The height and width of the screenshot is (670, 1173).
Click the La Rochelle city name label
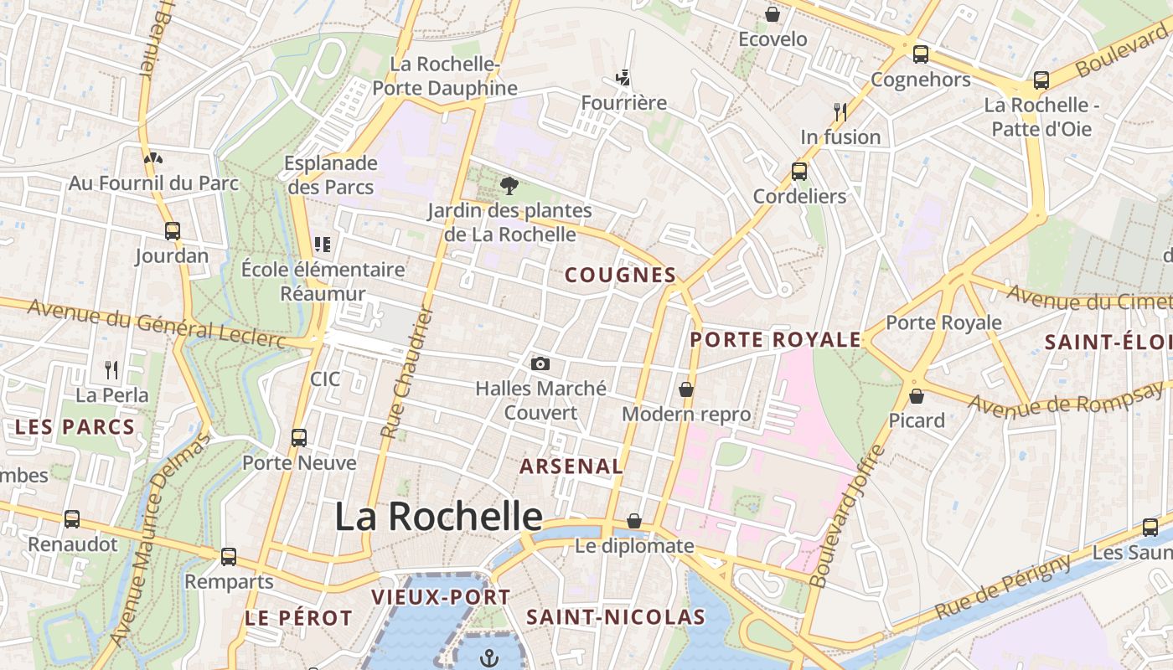[438, 516]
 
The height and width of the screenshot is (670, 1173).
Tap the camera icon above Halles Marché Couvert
[540, 363]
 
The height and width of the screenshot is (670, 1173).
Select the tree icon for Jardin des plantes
[509, 185]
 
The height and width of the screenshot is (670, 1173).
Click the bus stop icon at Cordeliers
[799, 172]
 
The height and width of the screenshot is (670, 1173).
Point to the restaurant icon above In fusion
[840, 111]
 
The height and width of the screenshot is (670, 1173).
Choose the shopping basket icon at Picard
[917, 395]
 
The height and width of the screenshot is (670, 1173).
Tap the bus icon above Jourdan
[172, 231]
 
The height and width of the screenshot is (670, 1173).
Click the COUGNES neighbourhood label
[620, 275]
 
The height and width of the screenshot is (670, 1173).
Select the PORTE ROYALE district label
[775, 339]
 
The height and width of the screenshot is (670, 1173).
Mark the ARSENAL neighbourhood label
[571, 466]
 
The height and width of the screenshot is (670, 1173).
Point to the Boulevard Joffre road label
[848, 515]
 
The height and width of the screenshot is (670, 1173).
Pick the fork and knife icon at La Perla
[111, 369]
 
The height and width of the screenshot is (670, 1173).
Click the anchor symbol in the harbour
[489, 658]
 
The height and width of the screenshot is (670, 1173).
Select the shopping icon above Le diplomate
[634, 521]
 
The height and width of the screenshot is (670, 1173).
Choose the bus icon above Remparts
[228, 557]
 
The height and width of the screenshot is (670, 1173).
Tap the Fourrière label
[624, 103]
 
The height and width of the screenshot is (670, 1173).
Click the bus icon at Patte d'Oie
[1041, 80]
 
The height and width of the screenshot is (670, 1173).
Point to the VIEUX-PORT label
[441, 597]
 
